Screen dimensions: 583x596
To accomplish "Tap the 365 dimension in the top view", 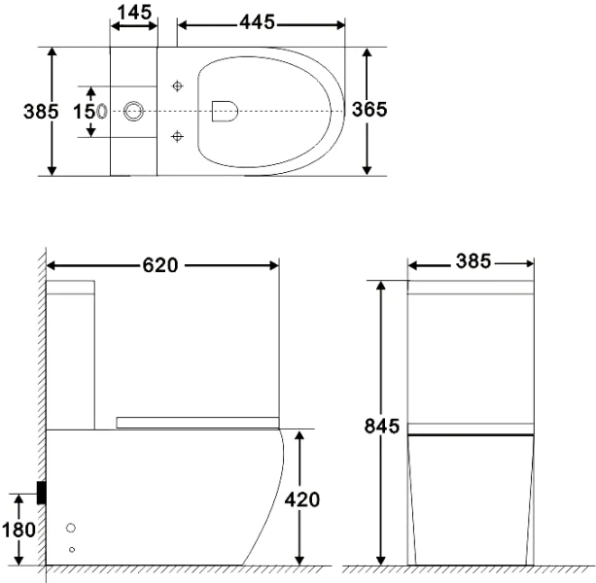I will point(369,109).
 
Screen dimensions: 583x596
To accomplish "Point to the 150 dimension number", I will point(90,111).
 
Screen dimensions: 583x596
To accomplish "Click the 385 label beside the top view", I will point(41,111).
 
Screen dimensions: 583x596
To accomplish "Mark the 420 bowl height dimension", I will point(302,498).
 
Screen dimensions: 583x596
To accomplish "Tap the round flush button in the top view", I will point(134,111).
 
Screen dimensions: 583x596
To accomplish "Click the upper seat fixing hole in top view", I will point(177,86).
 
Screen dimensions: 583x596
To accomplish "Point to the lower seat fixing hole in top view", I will point(177,135).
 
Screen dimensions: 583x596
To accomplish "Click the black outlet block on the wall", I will point(42,493).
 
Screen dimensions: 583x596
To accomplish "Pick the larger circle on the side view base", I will point(71,528).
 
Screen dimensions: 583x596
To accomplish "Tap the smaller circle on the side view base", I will point(71,550).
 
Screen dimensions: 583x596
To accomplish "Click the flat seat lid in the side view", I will point(197,422).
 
